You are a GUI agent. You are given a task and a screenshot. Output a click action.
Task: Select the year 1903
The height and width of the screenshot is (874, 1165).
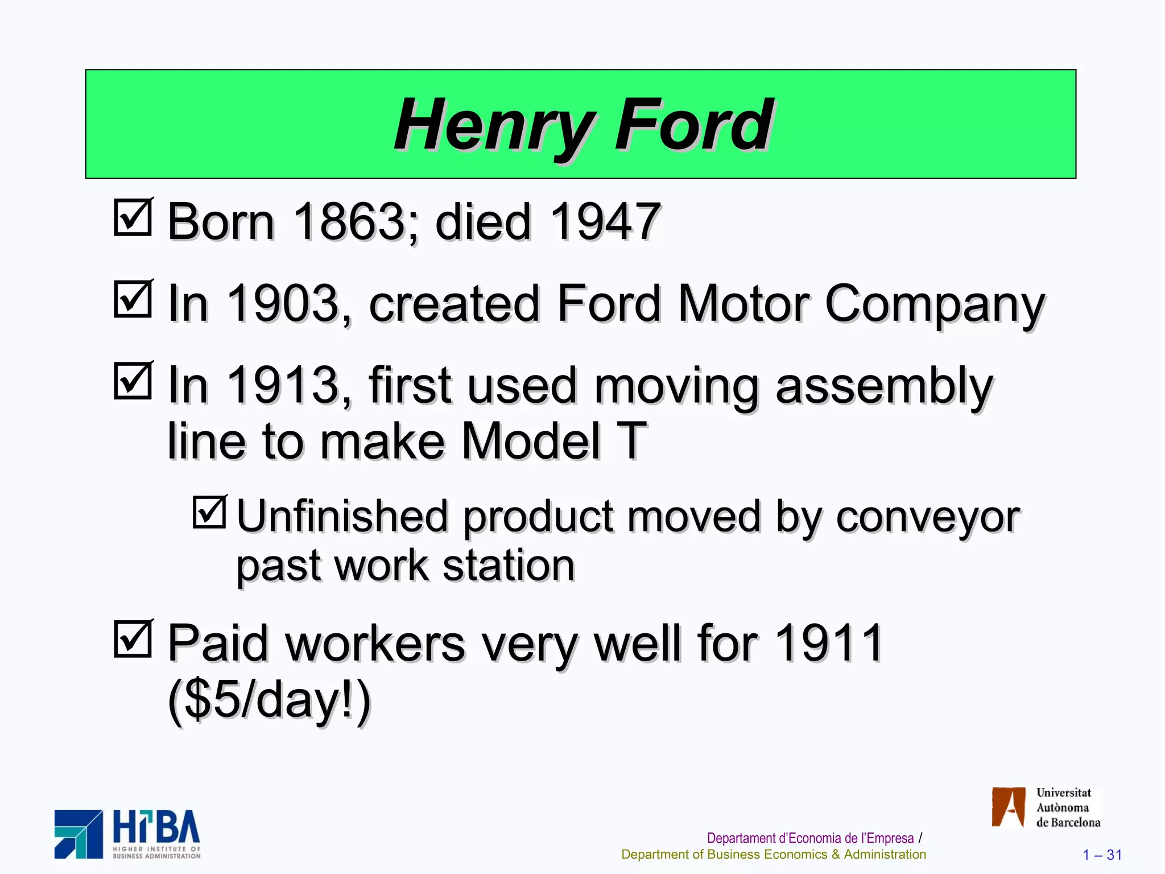[x=282, y=303]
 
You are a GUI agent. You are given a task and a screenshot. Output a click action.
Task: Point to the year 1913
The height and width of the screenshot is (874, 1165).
[x=282, y=385]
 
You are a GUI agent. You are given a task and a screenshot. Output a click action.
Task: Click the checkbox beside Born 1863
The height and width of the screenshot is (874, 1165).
[x=133, y=217]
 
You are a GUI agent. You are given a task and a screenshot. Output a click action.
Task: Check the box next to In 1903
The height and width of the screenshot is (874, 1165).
[x=133, y=299]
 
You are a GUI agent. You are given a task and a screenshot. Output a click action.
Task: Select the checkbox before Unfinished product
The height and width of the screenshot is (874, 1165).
[x=209, y=512]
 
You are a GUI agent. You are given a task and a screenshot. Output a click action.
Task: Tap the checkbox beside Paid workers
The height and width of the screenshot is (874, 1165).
[x=133, y=638]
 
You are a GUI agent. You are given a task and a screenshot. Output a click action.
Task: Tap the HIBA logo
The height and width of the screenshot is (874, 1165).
[x=127, y=834]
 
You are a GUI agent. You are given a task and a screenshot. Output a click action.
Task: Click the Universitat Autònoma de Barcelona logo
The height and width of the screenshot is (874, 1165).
[x=1046, y=807]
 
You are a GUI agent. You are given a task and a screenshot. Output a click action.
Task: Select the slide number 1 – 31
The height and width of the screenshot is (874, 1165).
[x=1102, y=855]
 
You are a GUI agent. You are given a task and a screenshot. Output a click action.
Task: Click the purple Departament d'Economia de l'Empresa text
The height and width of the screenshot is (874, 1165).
[x=810, y=838]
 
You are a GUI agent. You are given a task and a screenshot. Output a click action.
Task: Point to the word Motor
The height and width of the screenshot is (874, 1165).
[x=743, y=303]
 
